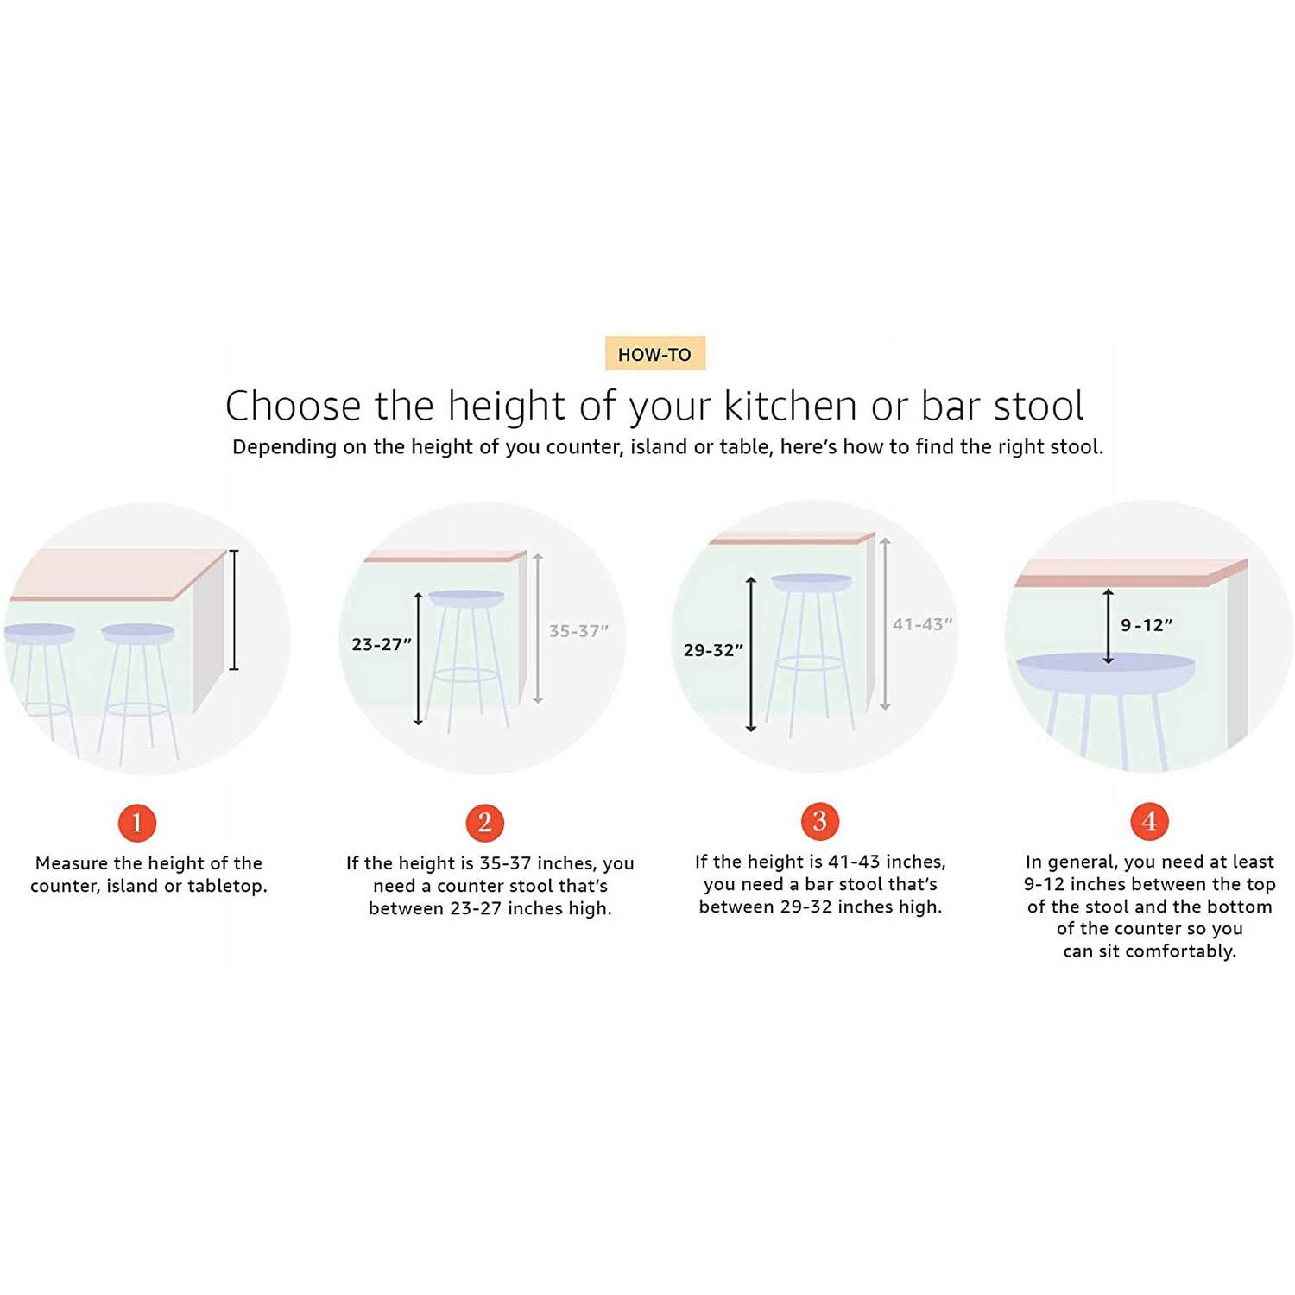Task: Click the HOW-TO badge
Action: [x=655, y=353]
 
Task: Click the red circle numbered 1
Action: [x=137, y=823]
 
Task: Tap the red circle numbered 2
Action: [x=485, y=823]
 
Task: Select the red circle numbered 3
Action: [x=820, y=821]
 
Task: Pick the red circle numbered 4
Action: [x=1150, y=821]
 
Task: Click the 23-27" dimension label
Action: [x=382, y=644]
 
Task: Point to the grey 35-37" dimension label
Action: [x=578, y=631]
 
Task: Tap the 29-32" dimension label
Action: [x=713, y=650]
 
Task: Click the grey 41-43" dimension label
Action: [x=922, y=624]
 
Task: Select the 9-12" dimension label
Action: [x=1147, y=625]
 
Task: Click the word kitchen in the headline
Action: [x=791, y=406]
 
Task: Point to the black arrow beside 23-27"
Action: [x=419, y=659]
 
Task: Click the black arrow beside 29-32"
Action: [x=751, y=654]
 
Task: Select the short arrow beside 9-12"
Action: [x=1109, y=627]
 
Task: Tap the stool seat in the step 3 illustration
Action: [x=811, y=582]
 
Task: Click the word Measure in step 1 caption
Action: [x=72, y=863]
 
